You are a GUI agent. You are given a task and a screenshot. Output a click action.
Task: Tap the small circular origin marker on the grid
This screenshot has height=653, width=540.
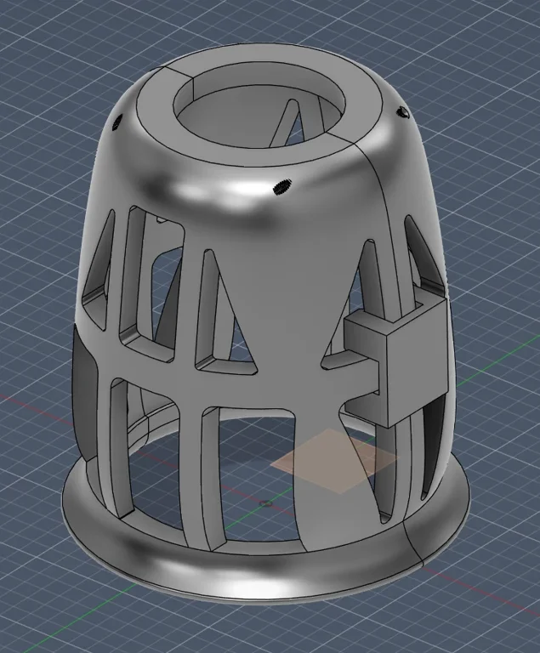point(267,503)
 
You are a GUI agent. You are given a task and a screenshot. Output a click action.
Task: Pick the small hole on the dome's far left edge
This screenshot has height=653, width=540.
point(118,121)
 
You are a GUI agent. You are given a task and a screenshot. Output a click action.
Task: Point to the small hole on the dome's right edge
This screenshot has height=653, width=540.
point(402,112)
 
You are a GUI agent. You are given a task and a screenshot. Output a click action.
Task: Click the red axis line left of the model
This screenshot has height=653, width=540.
point(34,408)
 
